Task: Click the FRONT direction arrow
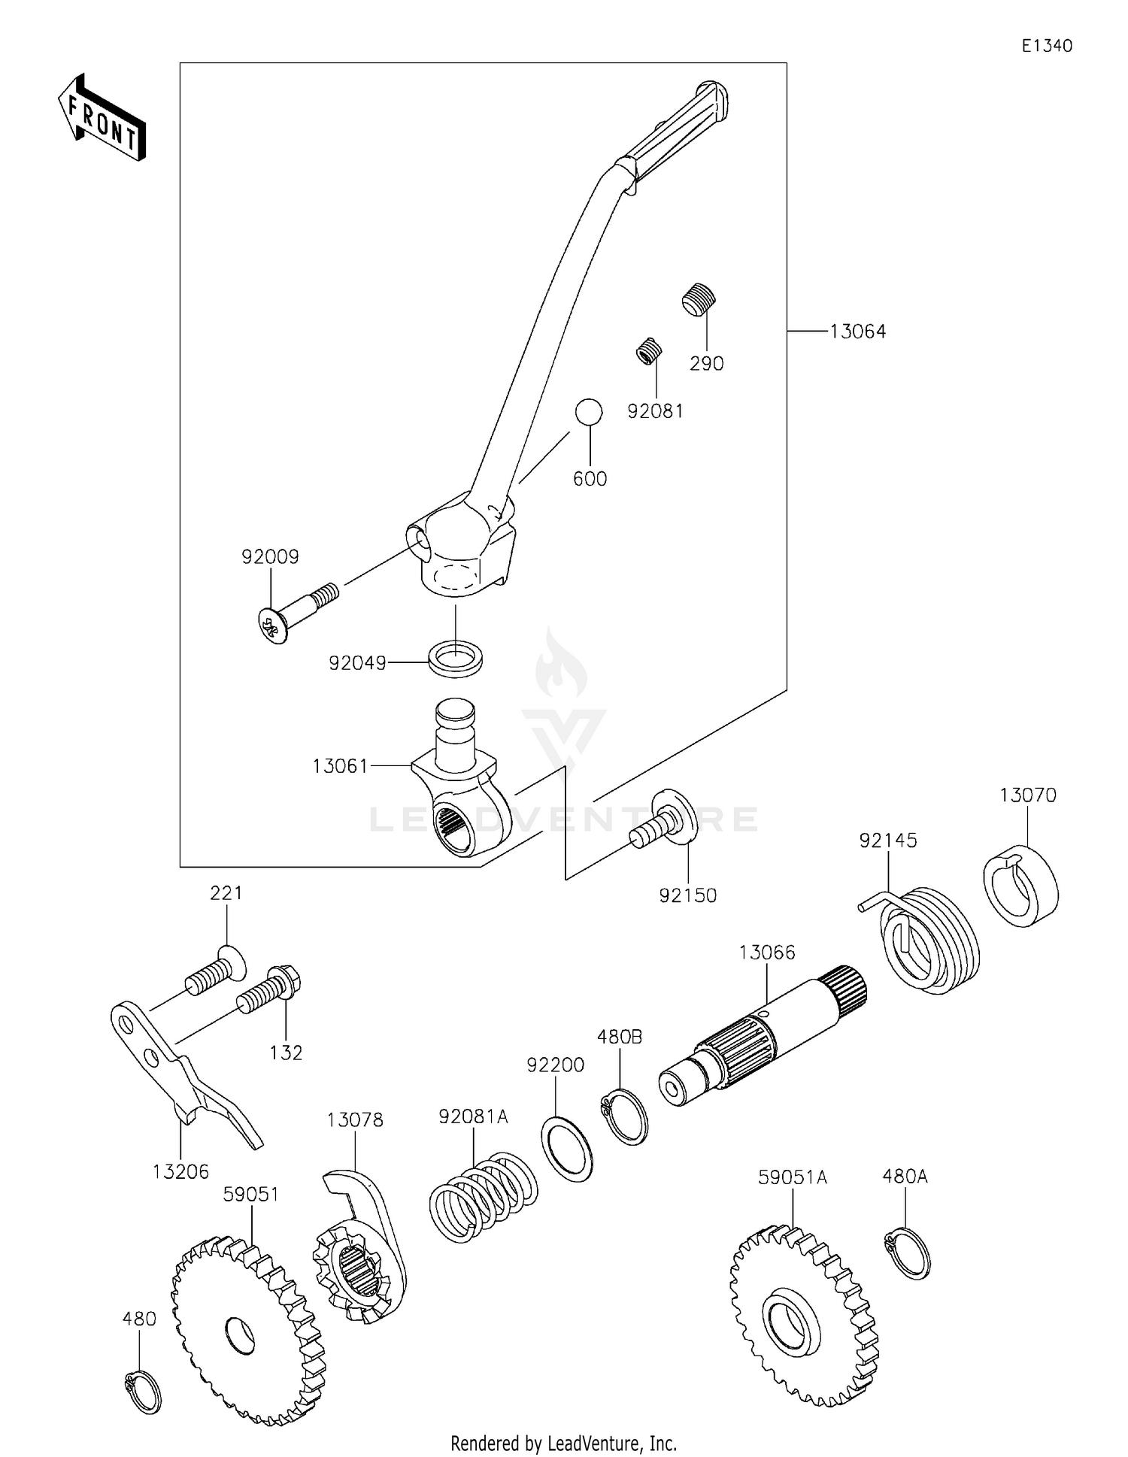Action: (102, 119)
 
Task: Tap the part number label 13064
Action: (857, 332)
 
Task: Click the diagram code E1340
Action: (1046, 46)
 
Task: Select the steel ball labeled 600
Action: (589, 412)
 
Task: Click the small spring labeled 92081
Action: (648, 351)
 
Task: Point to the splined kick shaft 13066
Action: (763, 1041)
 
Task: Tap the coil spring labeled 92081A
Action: (483, 1198)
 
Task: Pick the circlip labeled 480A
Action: (907, 1253)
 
